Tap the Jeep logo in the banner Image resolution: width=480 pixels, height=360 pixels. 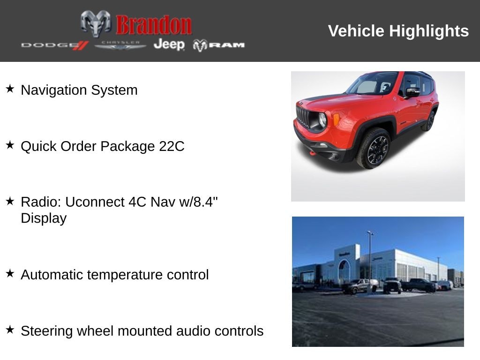[x=169, y=45]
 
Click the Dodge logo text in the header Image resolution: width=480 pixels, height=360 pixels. [x=54, y=45]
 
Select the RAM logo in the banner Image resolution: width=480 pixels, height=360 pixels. [x=219, y=45]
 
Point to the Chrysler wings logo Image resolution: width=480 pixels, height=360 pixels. [x=120, y=45]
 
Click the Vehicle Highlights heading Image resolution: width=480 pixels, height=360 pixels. [x=398, y=31]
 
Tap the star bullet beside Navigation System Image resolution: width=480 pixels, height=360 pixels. [x=10, y=89]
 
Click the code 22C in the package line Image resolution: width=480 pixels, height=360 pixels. [x=172, y=146]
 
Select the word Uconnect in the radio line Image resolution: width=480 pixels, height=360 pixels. [x=95, y=202]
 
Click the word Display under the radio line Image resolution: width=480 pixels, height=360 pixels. [x=44, y=218]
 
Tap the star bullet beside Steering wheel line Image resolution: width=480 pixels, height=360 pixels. [x=10, y=330]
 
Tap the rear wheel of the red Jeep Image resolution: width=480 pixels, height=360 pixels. [x=428, y=121]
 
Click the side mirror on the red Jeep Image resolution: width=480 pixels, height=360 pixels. [x=412, y=92]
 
